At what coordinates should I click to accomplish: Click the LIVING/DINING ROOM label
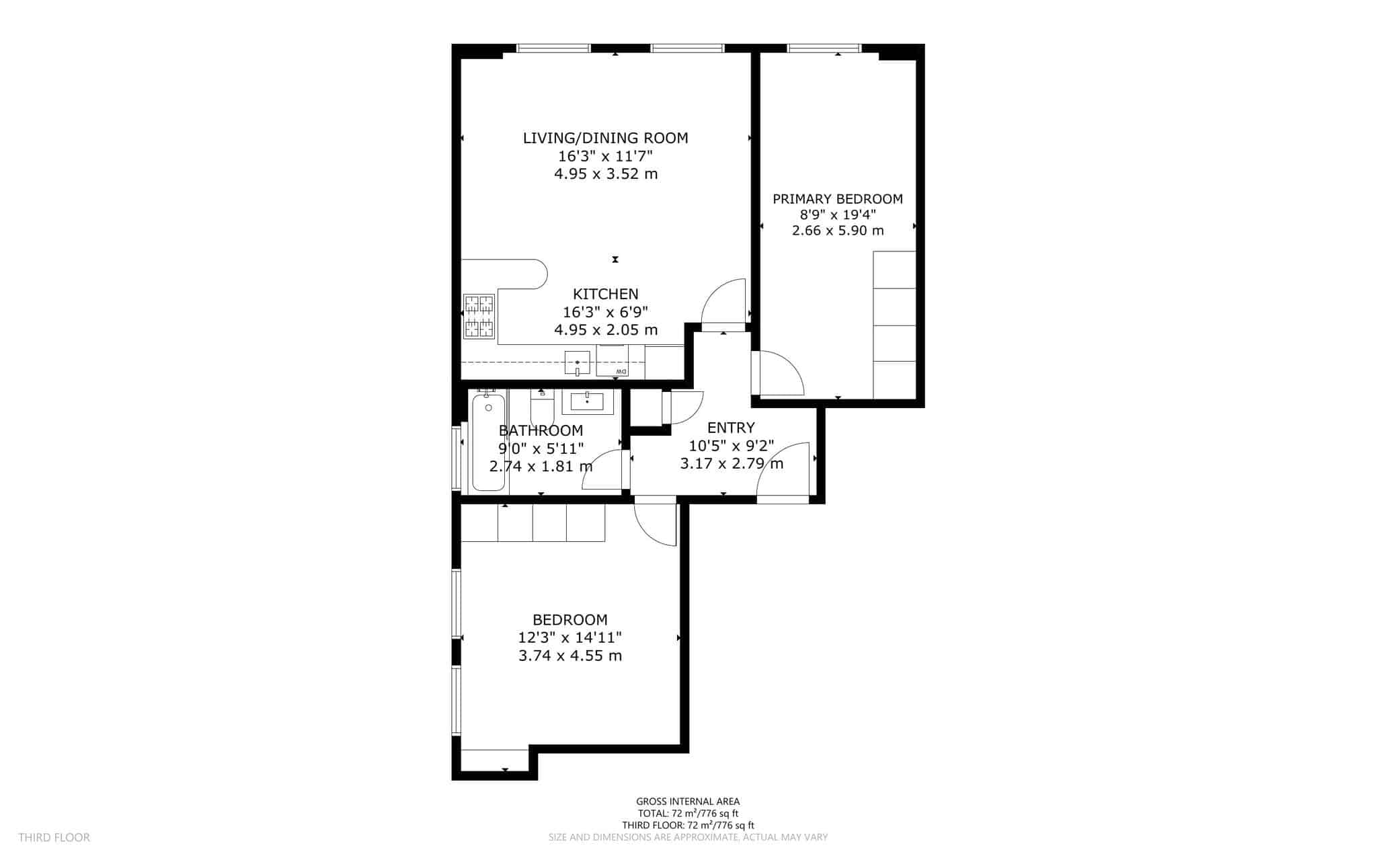(x=605, y=139)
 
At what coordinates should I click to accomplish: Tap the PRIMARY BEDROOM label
(x=837, y=199)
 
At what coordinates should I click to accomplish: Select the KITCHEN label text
(x=605, y=294)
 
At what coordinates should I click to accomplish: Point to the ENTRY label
(x=731, y=428)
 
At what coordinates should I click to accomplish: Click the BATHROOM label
(x=541, y=430)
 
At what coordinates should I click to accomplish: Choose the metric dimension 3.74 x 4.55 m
(x=569, y=656)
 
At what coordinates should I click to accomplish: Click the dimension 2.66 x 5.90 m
(x=837, y=231)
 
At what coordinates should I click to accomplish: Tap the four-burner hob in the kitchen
(x=479, y=316)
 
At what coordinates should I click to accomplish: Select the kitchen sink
(x=577, y=363)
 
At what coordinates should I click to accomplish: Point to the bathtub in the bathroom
(x=489, y=442)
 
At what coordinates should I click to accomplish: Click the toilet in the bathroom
(x=541, y=407)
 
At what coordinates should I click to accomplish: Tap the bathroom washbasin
(x=588, y=401)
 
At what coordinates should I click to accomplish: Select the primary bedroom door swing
(x=780, y=374)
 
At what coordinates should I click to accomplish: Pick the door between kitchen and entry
(x=723, y=303)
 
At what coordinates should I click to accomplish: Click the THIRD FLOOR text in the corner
(x=54, y=837)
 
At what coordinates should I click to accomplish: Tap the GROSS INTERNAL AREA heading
(x=688, y=802)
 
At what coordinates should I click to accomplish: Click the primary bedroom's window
(x=824, y=48)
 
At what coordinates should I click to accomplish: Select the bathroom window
(x=456, y=458)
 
